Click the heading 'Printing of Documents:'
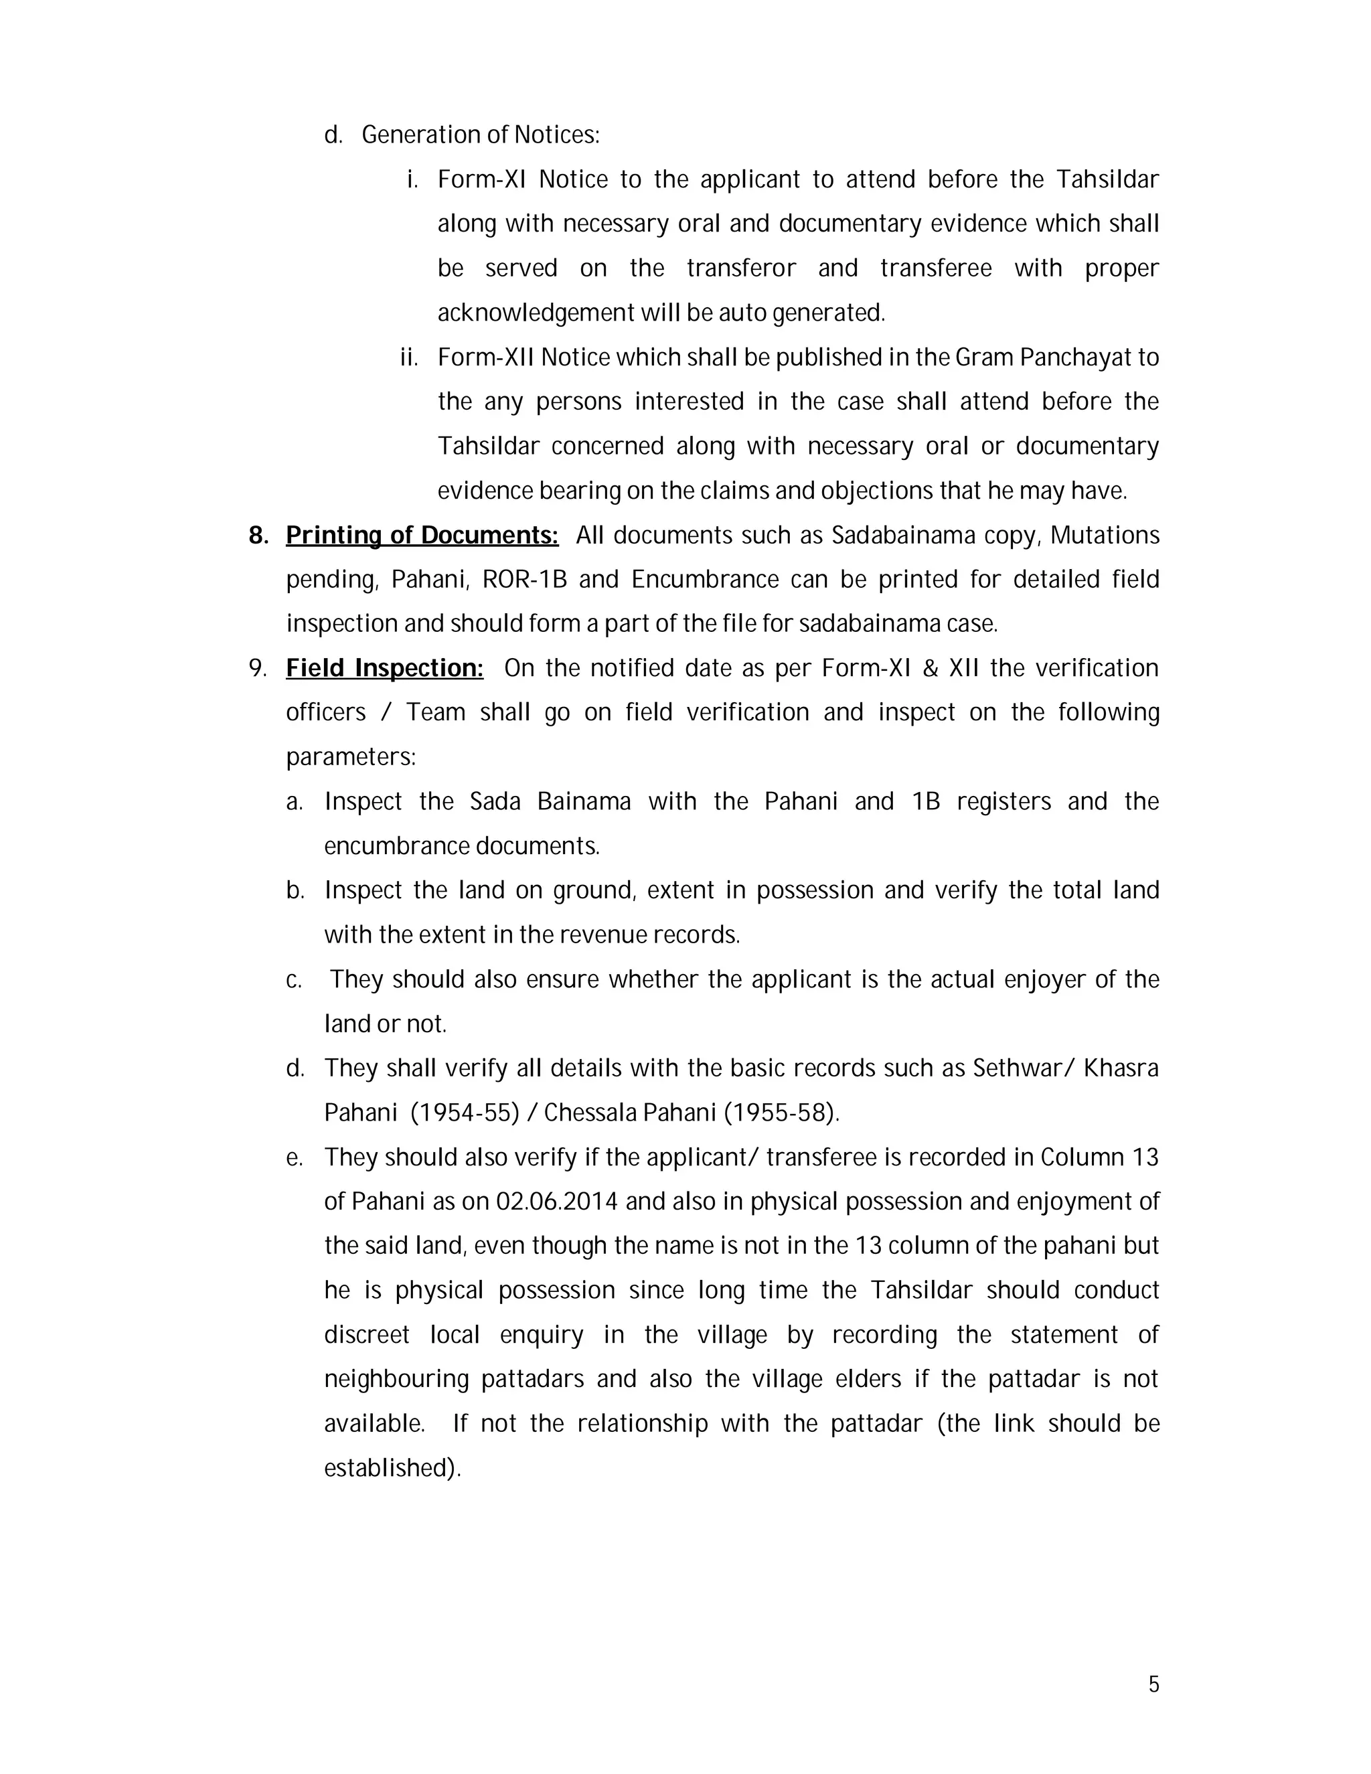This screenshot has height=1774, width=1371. (422, 536)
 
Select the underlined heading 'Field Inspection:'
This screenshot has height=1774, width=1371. (384, 667)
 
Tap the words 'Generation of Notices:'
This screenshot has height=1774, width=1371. (480, 135)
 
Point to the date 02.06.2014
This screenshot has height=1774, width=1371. (557, 1202)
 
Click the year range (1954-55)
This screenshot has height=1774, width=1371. (465, 1112)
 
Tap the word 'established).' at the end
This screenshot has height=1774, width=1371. (392, 1468)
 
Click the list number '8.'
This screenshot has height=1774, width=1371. (258, 536)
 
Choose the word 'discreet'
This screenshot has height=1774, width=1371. (366, 1335)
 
